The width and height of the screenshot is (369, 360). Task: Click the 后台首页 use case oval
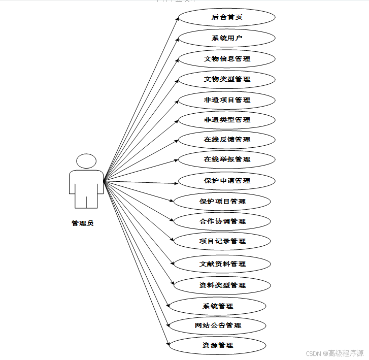click(227, 17)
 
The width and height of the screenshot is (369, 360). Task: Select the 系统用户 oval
click(227, 38)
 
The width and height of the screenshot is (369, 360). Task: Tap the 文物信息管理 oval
click(227, 59)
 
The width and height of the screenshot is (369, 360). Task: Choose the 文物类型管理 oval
click(227, 79)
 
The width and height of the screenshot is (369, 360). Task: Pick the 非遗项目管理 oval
click(227, 100)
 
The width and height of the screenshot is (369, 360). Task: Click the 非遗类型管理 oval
click(227, 120)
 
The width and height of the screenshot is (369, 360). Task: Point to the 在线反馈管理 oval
click(227, 140)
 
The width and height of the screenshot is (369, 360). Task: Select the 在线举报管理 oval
click(227, 159)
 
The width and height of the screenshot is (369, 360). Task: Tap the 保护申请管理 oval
click(227, 181)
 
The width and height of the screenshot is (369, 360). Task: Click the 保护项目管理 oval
click(222, 202)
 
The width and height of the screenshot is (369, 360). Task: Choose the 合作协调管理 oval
click(222, 221)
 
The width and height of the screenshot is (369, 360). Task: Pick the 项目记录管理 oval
click(222, 241)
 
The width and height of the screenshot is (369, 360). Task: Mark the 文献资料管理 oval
click(222, 264)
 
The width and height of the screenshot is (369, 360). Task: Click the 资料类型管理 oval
click(222, 285)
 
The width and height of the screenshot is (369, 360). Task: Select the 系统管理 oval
click(217, 306)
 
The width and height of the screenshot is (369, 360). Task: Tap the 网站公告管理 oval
click(217, 325)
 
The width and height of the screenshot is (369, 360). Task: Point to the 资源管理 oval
click(217, 345)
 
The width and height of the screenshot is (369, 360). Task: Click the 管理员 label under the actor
click(83, 223)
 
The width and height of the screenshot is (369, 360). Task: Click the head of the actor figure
click(86, 161)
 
